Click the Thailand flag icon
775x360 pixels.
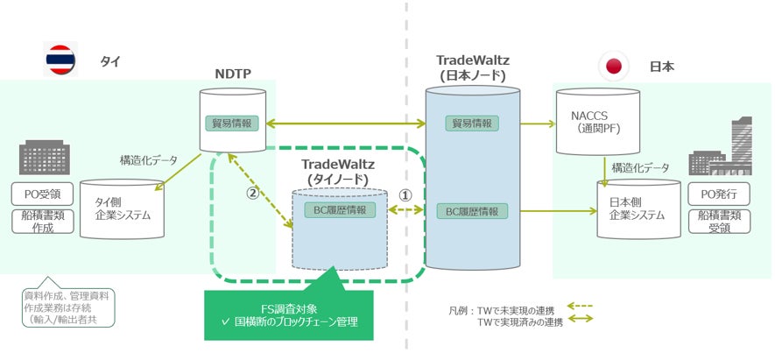point(60,60)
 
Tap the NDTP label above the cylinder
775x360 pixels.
point(233,74)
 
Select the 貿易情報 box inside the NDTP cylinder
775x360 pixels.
point(233,124)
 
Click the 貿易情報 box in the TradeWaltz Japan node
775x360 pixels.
point(472,124)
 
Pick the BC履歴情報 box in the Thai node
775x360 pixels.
point(340,209)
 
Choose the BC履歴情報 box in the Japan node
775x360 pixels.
point(472,212)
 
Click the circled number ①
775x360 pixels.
point(405,194)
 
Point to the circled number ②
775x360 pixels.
point(252,194)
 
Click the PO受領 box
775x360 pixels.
point(43,194)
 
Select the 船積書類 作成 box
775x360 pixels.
point(43,221)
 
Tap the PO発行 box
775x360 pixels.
point(719,194)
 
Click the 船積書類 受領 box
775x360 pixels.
point(719,222)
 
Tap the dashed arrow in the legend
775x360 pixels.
point(579,306)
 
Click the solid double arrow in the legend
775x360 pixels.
point(579,320)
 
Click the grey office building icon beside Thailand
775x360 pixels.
point(45,158)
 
